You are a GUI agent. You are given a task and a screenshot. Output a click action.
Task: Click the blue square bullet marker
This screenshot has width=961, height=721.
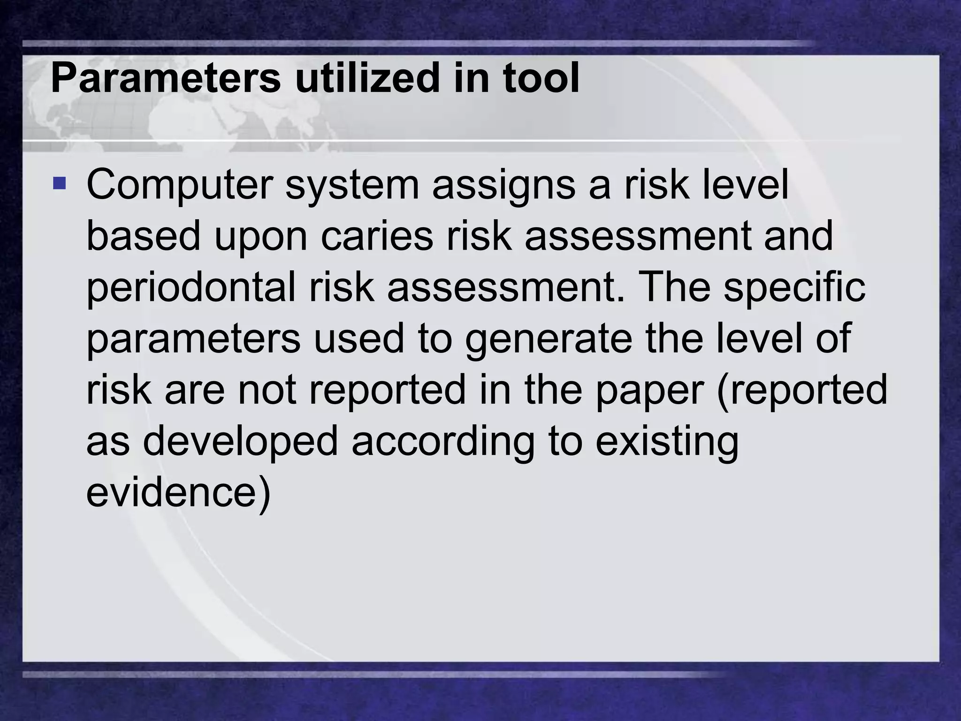[60, 183]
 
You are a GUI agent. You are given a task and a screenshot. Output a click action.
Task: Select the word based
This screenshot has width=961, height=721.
[144, 237]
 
